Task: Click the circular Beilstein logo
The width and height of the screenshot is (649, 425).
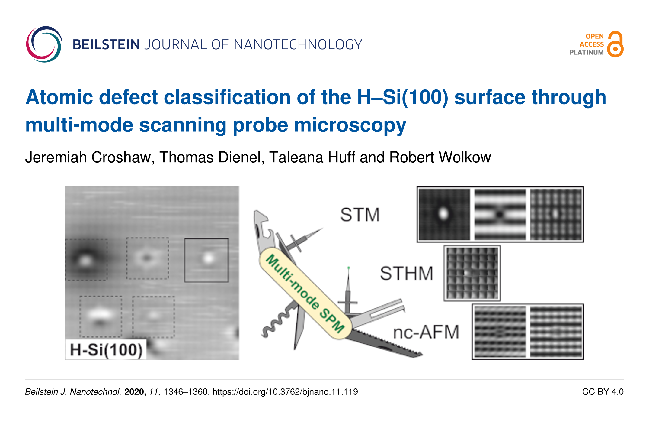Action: coord(44,44)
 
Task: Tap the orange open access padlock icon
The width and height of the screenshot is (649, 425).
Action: coord(615,44)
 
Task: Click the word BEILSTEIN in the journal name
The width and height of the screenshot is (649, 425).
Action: coord(106,45)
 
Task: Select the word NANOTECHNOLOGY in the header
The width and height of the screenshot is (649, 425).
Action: coord(298,45)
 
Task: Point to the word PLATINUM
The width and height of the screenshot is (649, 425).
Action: coord(587,52)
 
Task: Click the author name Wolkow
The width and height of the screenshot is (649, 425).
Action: coord(465,157)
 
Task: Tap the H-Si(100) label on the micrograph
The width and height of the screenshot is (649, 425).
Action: coord(106,350)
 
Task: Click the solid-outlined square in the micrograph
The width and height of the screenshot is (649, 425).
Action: coord(185,260)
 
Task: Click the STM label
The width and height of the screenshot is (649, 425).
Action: coord(360,215)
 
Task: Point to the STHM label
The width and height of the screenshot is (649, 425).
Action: coord(407,273)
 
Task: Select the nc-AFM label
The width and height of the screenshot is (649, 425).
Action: coord(426,332)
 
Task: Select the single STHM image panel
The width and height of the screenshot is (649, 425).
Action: coord(472,273)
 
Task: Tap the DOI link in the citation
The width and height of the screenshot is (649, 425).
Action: coord(285,392)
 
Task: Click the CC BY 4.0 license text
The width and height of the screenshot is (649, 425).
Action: coord(603,392)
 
